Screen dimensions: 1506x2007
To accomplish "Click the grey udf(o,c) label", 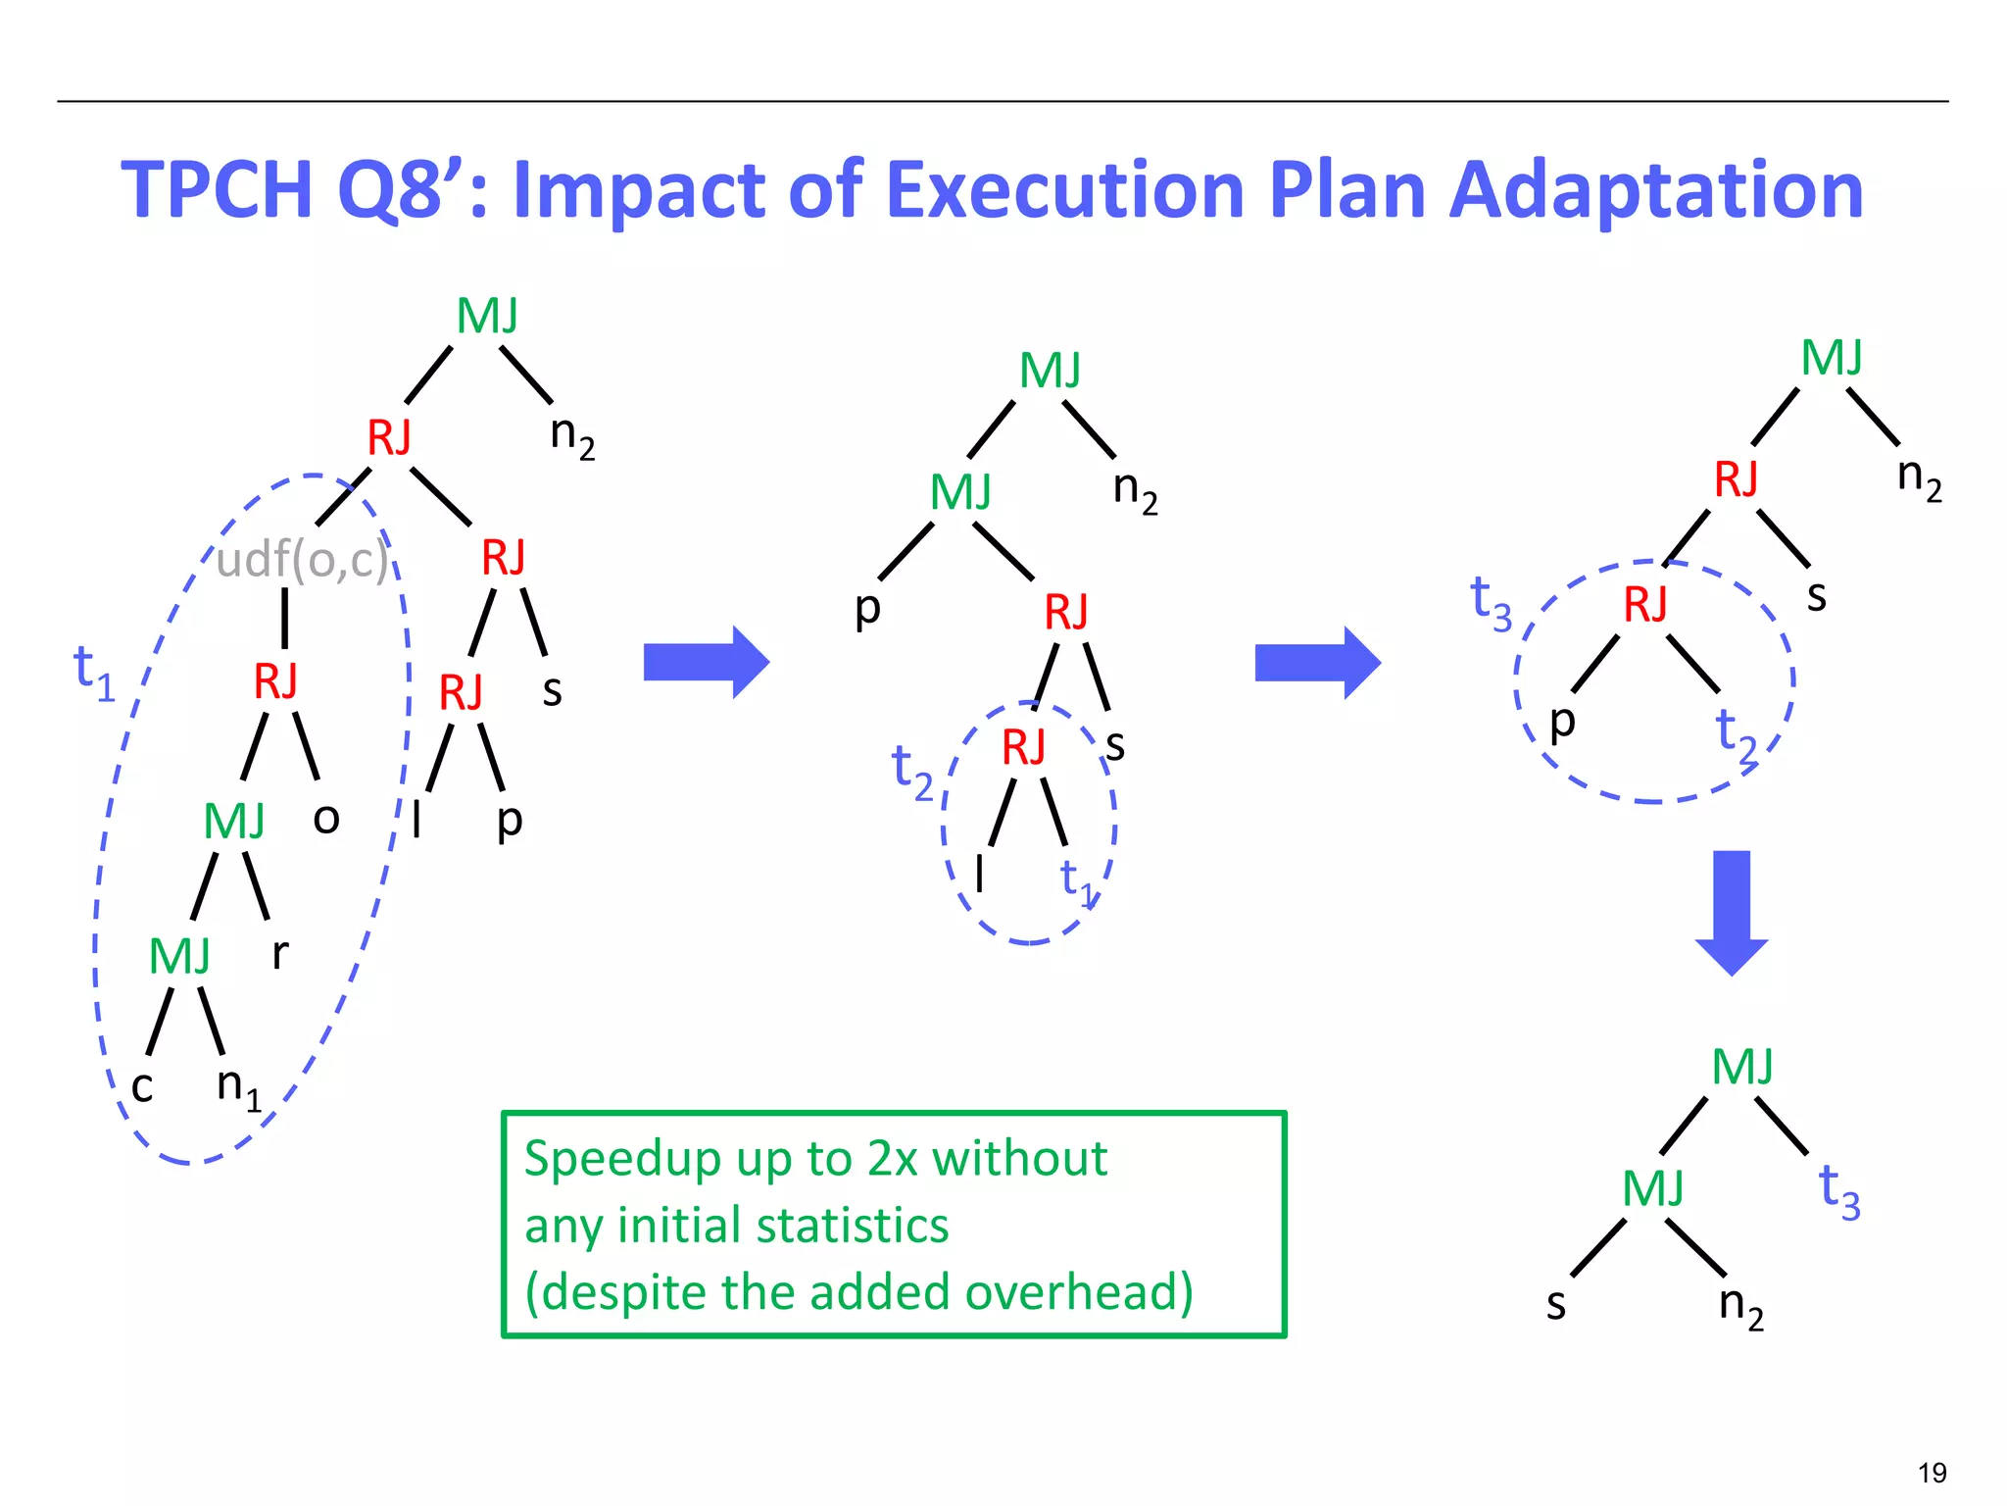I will pos(302,561).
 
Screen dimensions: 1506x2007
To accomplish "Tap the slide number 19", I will pos(1932,1473).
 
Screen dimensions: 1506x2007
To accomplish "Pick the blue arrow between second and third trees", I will pos(1317,663).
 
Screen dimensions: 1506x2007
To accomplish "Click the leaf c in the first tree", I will pos(142,1087).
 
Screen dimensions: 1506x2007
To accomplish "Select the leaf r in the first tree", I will pos(280,952).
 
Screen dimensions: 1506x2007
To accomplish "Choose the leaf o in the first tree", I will pos(326,818).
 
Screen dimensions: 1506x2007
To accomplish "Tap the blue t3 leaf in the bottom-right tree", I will pos(1838,1190).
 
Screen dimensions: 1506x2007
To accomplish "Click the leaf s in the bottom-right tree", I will pos(1556,1305).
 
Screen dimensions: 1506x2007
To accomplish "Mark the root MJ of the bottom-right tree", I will pos(1741,1067).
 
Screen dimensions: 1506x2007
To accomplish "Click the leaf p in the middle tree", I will pos(867,608).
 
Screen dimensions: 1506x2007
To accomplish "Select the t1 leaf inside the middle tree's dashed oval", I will pos(1077,878).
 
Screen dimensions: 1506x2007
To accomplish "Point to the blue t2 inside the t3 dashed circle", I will pos(1736,732).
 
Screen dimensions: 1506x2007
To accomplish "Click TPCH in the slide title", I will pos(217,190).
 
